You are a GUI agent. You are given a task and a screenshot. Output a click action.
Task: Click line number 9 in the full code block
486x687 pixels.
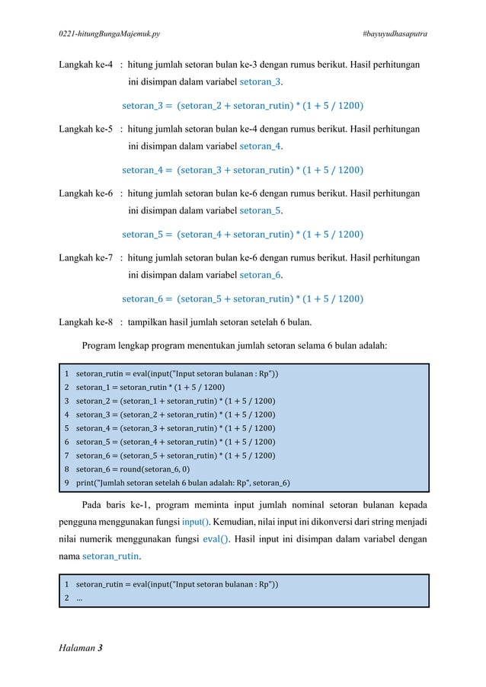pyautogui.click(x=67, y=483)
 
